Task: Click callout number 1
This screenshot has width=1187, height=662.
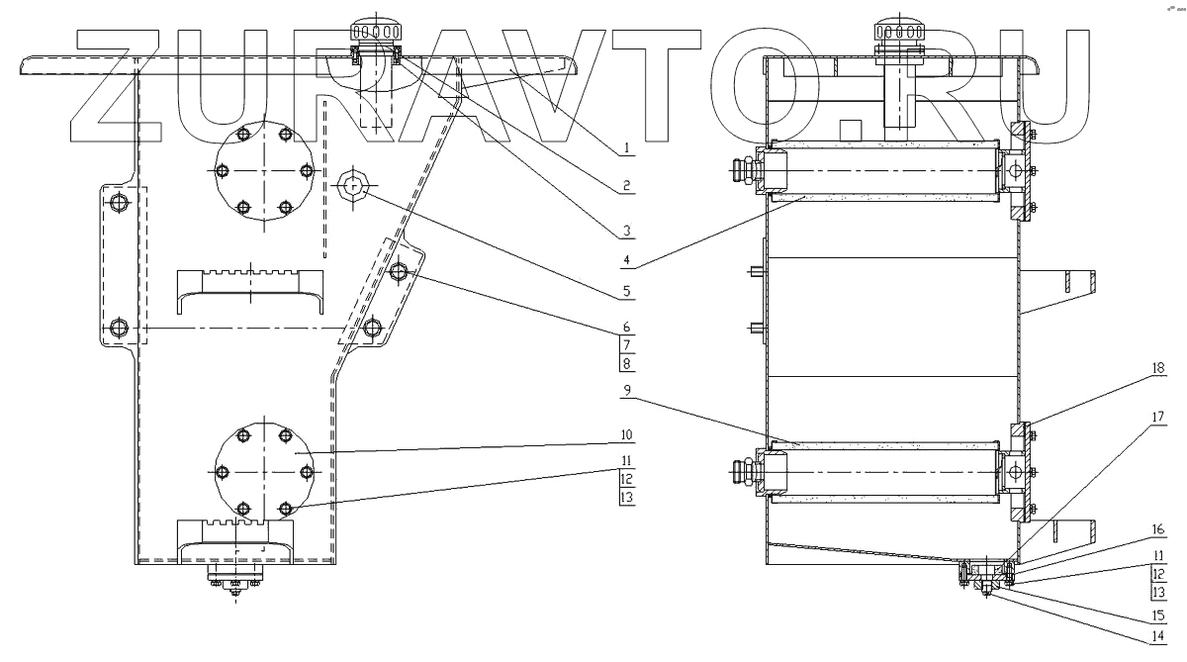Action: pos(627,149)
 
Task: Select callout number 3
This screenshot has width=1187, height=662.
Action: pos(627,233)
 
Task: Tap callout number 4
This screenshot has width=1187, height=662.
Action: pos(627,264)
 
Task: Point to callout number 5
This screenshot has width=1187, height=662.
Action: pos(627,294)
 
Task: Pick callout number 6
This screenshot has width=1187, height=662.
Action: pos(627,327)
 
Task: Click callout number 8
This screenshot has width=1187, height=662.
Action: pos(627,363)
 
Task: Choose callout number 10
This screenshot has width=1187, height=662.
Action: pos(627,434)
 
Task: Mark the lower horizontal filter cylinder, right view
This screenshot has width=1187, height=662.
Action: pos(886,471)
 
